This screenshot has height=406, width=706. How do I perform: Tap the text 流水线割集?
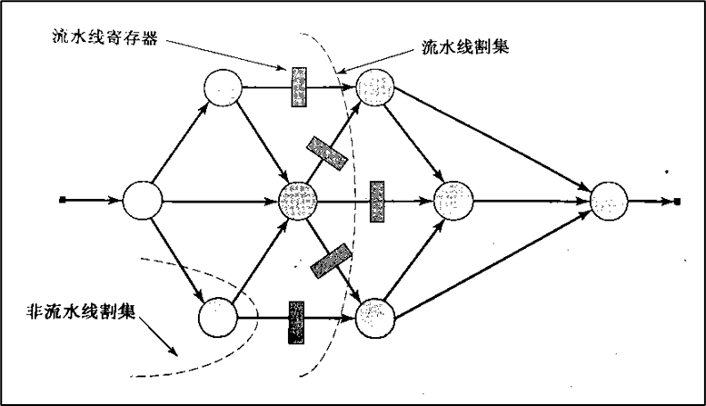465,47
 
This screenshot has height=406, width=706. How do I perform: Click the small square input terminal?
60,198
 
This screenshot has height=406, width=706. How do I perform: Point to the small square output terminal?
677,201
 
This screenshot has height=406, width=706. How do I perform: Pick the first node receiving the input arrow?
142,199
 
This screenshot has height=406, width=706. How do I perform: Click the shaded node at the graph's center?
299,200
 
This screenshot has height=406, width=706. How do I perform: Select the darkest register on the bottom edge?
297,322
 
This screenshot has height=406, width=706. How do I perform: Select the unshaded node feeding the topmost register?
222,88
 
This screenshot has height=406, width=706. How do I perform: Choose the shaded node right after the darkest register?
374,318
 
